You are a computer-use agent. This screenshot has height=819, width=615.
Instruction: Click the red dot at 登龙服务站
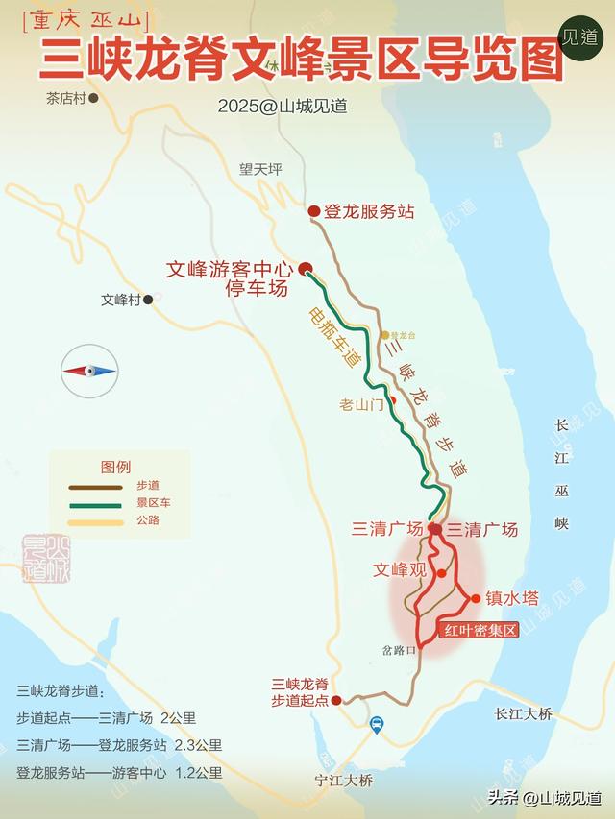[x=313, y=212]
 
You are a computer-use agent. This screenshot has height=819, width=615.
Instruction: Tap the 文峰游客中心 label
[x=228, y=271]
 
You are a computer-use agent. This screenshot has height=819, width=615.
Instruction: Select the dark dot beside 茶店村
[x=94, y=98]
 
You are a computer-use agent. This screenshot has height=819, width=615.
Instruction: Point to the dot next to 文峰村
[x=148, y=300]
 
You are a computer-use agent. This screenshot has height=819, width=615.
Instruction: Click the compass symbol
[x=90, y=371]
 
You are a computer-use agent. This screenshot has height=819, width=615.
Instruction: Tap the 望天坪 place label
[x=261, y=169]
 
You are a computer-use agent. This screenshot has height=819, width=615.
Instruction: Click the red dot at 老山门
[x=392, y=400]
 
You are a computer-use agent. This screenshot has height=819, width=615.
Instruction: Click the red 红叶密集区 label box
[x=479, y=631]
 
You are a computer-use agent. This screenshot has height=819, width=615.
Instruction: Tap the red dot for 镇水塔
[x=475, y=599]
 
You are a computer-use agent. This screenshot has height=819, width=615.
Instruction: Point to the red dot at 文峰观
[x=441, y=573]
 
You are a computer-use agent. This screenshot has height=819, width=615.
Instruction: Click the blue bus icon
[x=378, y=726]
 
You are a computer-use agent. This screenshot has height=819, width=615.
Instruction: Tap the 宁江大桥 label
[x=343, y=781]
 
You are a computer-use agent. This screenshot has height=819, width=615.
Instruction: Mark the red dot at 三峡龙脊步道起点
[x=336, y=701]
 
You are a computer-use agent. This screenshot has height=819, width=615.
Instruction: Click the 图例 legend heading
[x=115, y=468]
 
